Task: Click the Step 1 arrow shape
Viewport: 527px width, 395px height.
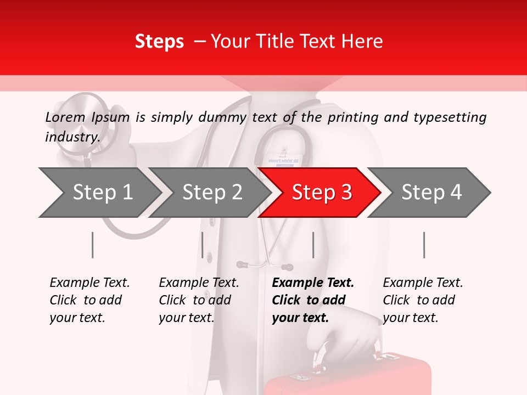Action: (99, 193)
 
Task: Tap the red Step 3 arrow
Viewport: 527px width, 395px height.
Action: (321, 193)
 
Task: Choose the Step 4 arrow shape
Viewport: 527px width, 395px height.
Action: (431, 193)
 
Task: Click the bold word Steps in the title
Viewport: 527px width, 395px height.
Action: (159, 42)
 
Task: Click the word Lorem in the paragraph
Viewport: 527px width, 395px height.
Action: (65, 117)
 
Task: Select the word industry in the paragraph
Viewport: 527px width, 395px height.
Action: (72, 137)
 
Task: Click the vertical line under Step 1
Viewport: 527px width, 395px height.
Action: (92, 245)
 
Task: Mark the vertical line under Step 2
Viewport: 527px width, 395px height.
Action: (203, 245)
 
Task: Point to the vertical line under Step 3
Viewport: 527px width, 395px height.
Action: (313, 245)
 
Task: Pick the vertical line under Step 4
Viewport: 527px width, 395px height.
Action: (424, 245)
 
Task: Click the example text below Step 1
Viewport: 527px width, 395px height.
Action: (89, 300)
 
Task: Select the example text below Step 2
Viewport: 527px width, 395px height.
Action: (199, 300)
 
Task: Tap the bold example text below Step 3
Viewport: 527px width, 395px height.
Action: (313, 300)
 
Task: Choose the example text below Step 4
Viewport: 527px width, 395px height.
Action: (423, 300)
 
